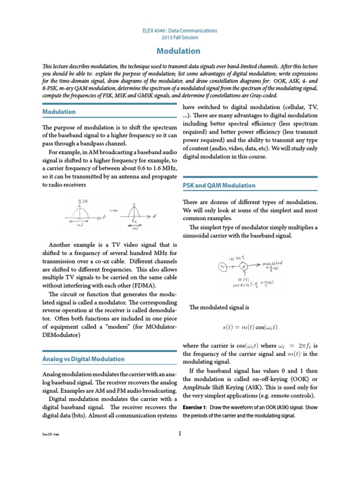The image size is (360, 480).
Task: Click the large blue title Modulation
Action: tap(180, 51)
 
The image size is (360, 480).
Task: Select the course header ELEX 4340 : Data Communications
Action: tap(180, 30)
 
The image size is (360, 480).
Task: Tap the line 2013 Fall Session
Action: tap(180, 37)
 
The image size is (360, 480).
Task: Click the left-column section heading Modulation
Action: tap(59, 112)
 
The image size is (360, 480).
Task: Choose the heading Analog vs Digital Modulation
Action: tap(83, 359)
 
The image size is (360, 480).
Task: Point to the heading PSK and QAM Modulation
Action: tap(218, 185)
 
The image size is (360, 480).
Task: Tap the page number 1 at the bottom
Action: tap(180, 433)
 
